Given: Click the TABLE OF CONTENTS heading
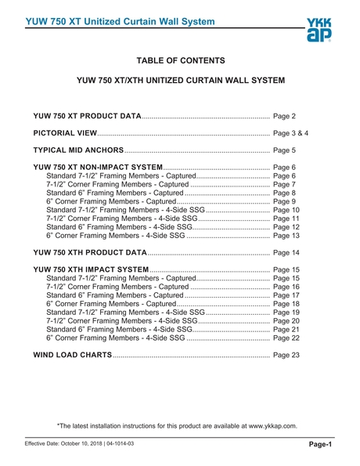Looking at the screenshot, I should pos(181,60).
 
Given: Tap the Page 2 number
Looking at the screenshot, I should pos(284,116).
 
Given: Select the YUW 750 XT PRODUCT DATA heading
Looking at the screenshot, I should pos(88,116).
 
